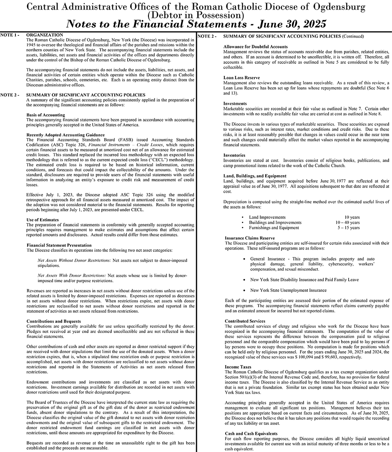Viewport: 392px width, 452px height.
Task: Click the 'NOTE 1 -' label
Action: point(10,34)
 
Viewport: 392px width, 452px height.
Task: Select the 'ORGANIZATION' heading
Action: point(45,35)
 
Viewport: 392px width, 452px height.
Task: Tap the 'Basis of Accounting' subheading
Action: point(45,115)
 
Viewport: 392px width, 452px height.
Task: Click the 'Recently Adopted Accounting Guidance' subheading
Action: point(65,135)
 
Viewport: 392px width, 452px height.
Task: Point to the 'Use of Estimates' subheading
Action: point(43,220)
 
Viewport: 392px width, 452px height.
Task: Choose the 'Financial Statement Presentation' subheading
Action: point(59,245)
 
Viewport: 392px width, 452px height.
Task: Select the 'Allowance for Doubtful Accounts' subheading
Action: point(256,47)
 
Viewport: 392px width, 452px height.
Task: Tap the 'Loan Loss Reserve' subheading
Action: point(241,78)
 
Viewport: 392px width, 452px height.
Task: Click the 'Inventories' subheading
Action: point(234,155)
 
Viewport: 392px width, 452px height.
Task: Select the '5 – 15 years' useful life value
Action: point(349,228)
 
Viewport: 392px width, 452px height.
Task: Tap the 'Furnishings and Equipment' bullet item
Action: point(274,228)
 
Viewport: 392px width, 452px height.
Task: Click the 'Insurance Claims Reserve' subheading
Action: point(250,238)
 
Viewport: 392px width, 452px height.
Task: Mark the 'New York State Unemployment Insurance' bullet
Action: point(283,290)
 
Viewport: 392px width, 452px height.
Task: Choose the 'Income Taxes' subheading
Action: point(238,367)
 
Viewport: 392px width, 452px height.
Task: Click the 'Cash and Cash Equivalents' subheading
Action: point(251,434)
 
